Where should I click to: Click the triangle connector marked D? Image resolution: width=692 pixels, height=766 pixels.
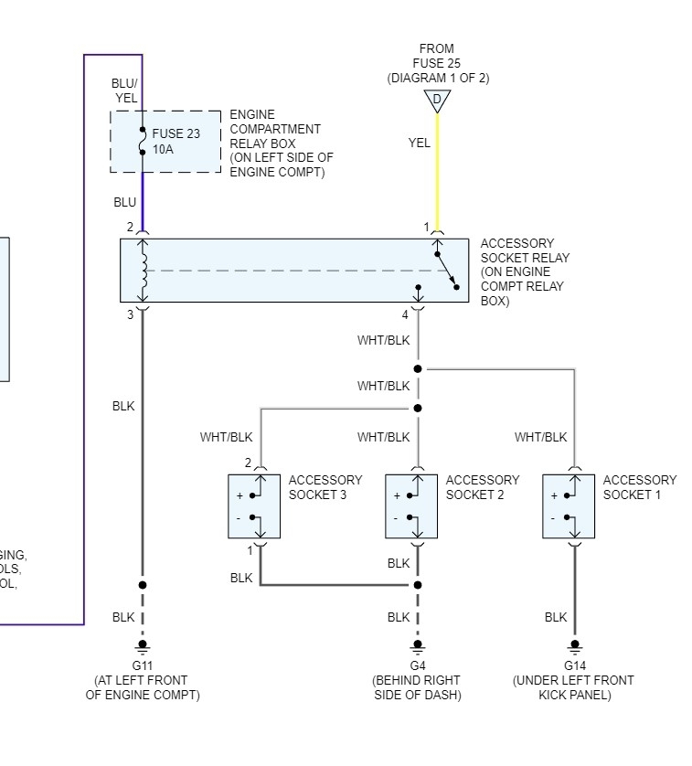(437, 100)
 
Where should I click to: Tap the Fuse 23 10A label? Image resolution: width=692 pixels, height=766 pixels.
(176, 141)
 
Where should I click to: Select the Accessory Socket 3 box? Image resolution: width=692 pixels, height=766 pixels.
(254, 505)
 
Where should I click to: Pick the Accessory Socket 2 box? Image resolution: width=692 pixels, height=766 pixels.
(411, 505)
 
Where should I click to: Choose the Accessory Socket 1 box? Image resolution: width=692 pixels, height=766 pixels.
(569, 505)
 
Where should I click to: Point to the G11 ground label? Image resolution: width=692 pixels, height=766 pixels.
(142, 665)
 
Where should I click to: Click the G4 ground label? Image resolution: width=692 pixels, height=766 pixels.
(417, 665)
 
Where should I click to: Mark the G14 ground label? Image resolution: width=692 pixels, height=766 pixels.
(574, 665)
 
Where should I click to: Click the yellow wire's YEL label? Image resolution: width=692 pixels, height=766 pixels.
(420, 143)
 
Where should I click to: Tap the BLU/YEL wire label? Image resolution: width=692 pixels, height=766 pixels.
(124, 90)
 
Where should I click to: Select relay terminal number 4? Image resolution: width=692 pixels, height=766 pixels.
(404, 315)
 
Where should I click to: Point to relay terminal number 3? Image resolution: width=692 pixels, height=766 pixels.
(130, 315)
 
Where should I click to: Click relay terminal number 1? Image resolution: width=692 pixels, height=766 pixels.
(425, 227)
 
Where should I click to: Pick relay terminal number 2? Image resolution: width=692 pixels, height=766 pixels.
(130, 227)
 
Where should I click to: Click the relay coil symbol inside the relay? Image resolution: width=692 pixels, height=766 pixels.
(143, 271)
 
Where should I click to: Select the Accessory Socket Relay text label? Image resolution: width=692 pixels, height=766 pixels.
(524, 271)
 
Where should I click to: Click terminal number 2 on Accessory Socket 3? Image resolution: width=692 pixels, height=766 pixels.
(248, 463)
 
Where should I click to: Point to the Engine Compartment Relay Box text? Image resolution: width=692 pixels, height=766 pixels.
(281, 144)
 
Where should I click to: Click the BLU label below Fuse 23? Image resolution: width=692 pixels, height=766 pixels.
(124, 202)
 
